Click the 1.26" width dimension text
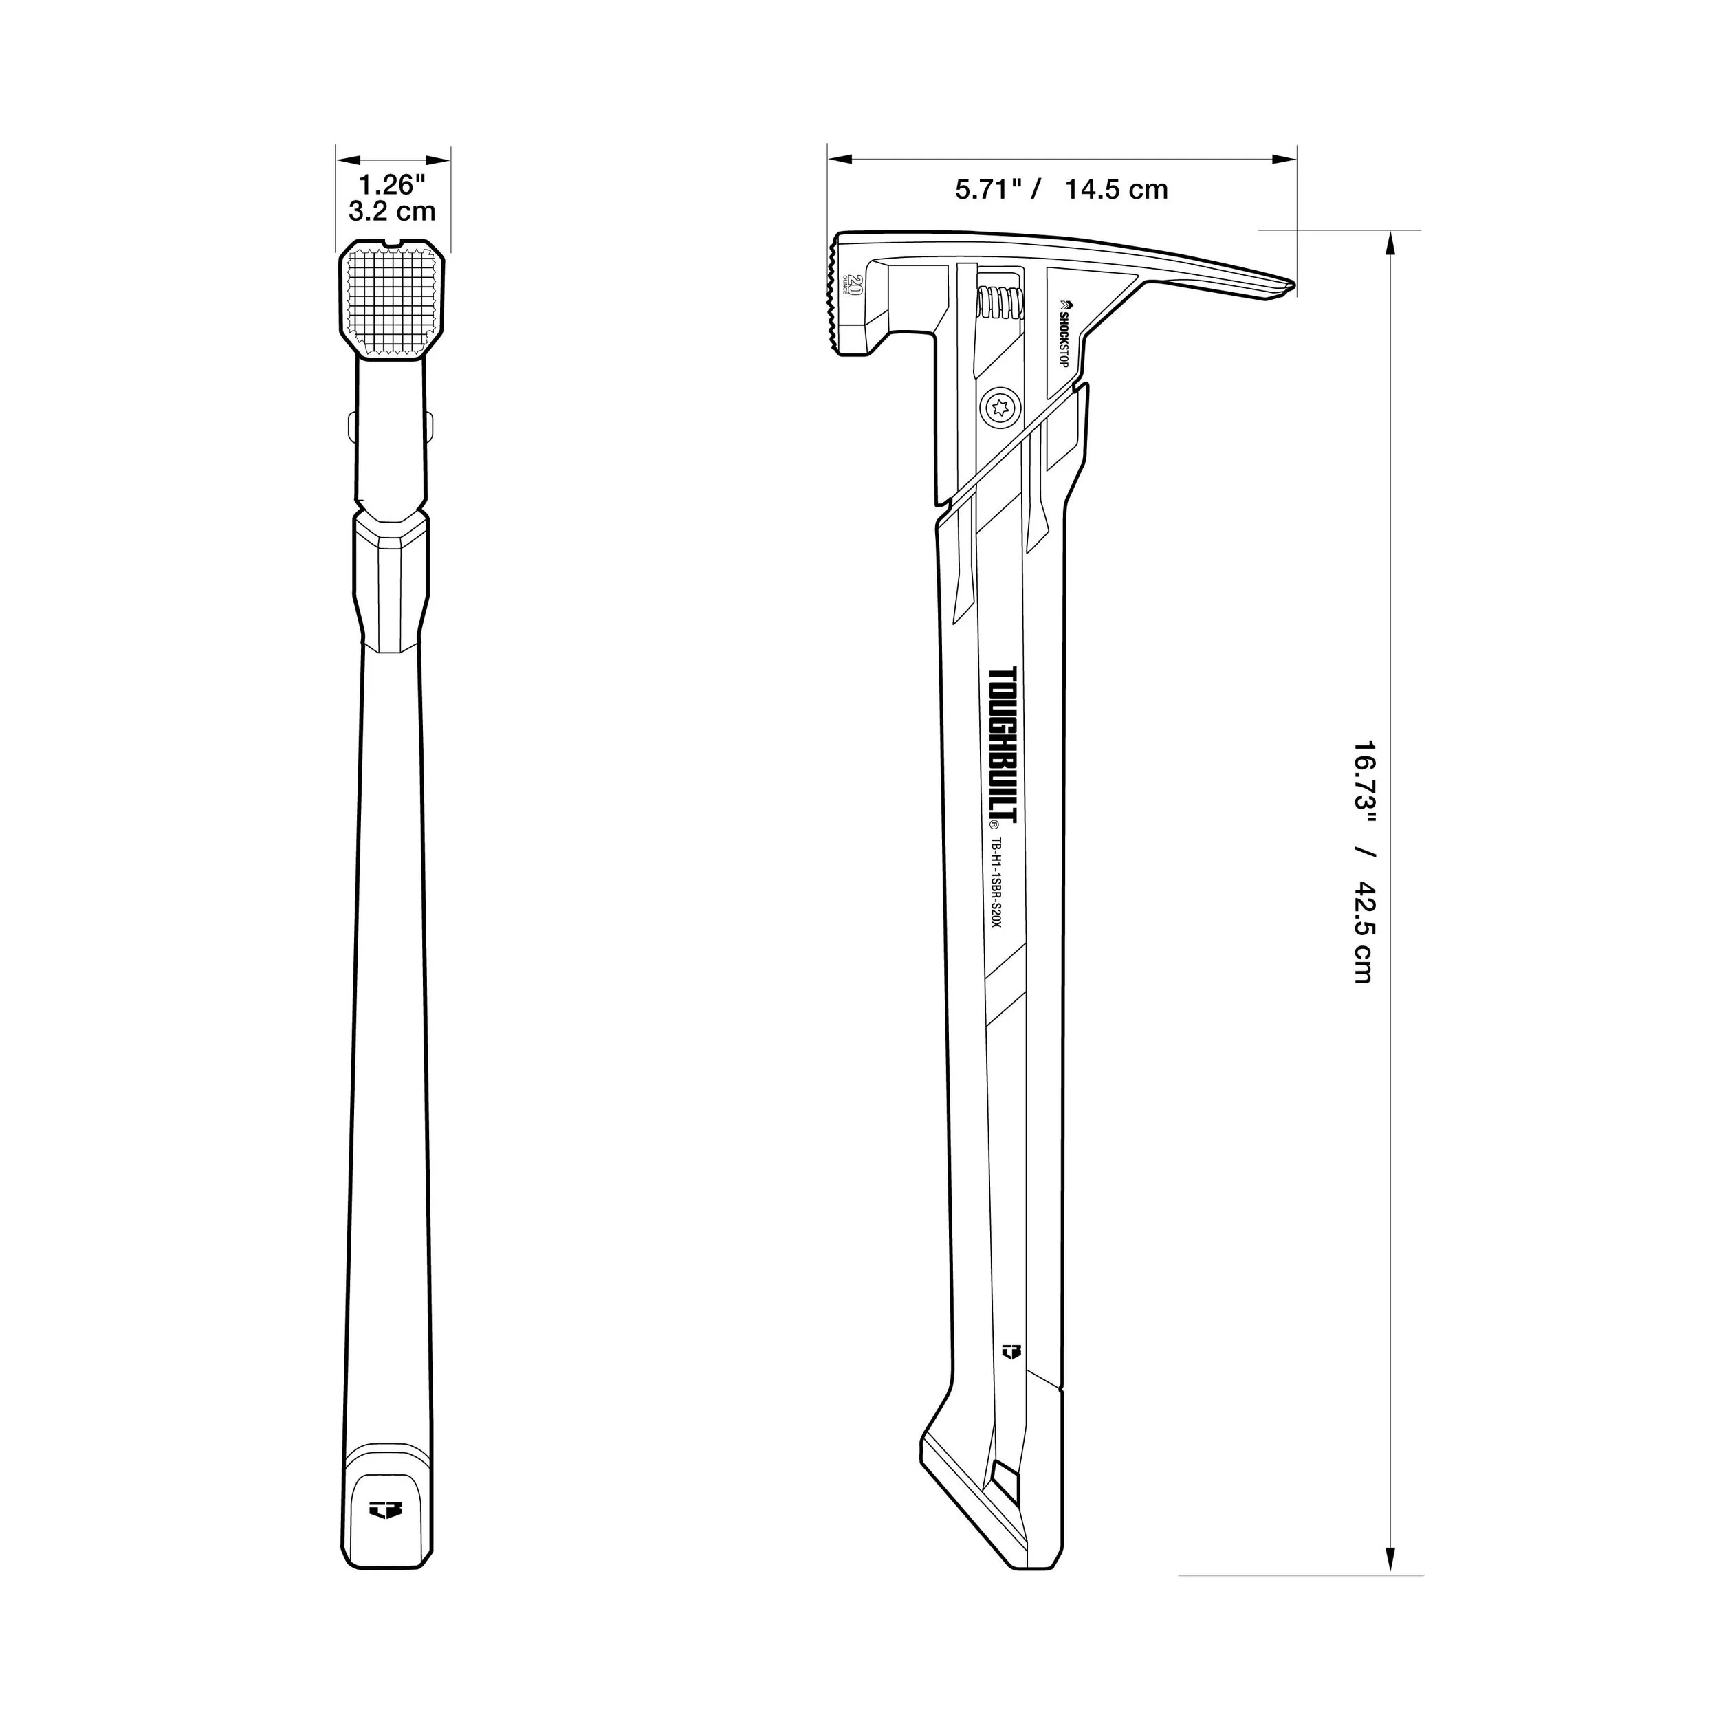393,185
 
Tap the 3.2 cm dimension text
393,212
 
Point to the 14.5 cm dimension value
1117,190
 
